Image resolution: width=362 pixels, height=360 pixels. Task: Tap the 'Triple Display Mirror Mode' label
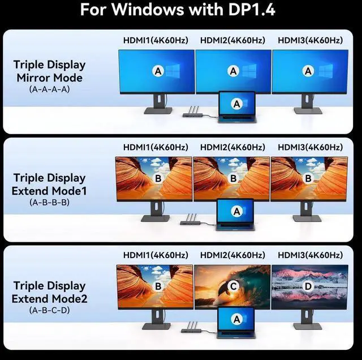tap(49, 71)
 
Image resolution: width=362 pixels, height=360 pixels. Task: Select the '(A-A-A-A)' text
tap(49, 89)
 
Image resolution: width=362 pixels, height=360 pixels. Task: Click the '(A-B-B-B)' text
tap(49, 202)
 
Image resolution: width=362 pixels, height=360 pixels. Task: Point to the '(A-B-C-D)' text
tap(49, 310)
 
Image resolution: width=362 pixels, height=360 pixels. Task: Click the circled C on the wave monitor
tap(233, 287)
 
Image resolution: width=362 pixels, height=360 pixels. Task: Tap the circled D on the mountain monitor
tap(308, 287)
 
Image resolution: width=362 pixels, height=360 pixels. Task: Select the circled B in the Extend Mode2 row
tap(158, 287)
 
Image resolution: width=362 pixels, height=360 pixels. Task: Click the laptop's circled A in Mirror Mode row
tap(237, 104)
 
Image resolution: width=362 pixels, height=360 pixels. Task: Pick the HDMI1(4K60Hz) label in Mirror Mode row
tap(156, 40)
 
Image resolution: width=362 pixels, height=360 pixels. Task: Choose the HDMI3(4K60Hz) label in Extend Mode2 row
tap(310, 255)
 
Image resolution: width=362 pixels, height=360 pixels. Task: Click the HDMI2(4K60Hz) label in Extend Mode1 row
tap(232, 147)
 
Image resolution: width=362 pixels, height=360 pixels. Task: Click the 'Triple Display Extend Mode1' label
tap(49, 184)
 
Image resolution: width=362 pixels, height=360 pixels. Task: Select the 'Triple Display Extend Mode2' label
tap(49, 292)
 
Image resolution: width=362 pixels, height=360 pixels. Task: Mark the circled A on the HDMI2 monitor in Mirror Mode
tap(233, 71)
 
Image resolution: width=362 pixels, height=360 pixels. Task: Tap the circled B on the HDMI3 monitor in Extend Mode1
tap(308, 178)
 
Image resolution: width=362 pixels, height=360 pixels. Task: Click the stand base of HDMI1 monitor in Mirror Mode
tap(158, 111)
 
